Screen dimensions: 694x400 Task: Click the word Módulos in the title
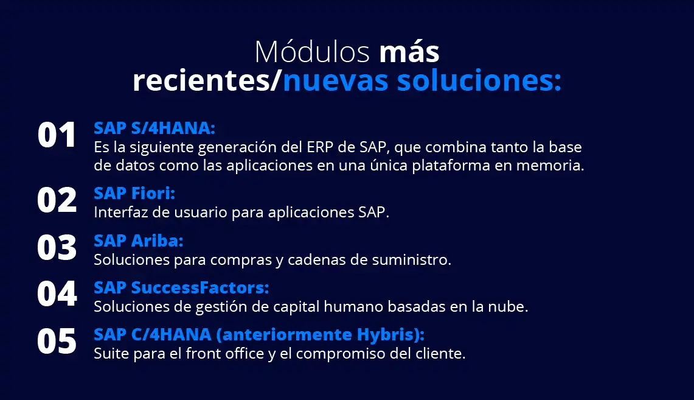coord(312,52)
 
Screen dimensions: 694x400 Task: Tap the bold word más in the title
coord(409,52)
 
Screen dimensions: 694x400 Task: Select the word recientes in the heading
coord(201,80)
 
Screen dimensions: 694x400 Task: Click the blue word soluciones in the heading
coord(479,80)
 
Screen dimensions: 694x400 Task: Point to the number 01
coord(57,135)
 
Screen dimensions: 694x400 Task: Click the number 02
coord(57,200)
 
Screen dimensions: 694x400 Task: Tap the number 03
coord(57,247)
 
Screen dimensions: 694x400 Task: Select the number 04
coord(57,293)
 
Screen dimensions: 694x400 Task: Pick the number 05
coord(57,341)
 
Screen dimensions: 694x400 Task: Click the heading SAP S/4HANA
coord(154,128)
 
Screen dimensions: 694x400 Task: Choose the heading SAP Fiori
coord(134,193)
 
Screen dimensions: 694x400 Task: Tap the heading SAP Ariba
coord(139,240)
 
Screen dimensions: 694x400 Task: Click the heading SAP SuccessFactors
coord(181,287)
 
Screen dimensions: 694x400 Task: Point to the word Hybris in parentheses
coord(384,335)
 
